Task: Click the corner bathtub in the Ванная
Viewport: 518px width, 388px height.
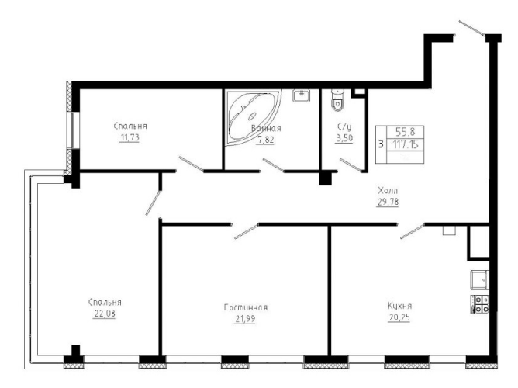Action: pos(253,116)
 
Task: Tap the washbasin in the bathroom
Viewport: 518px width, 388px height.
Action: pos(301,95)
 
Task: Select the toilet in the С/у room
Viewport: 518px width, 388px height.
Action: pos(337,100)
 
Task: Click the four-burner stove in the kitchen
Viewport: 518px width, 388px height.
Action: pos(480,304)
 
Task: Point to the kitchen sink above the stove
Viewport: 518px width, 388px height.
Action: pos(480,279)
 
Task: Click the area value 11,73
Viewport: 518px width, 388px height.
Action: pos(129,137)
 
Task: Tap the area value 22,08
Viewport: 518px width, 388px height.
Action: pos(105,314)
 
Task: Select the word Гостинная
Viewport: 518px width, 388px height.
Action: pos(246,308)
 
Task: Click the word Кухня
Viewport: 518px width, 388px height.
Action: pos(399,306)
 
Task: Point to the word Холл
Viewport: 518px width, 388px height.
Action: pos(388,191)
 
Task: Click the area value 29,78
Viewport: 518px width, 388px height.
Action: pos(388,202)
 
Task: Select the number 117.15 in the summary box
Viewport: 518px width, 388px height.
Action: pos(406,144)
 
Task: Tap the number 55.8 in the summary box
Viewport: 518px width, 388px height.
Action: pos(406,132)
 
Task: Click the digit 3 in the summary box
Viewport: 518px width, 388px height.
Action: pos(381,144)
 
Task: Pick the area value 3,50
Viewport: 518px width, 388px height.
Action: pos(344,138)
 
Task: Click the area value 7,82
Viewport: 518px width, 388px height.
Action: pos(266,140)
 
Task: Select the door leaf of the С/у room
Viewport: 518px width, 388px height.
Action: pos(351,165)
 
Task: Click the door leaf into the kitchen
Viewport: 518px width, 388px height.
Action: pos(413,231)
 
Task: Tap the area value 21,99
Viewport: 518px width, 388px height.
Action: pos(245,319)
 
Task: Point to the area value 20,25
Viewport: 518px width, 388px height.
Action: pos(399,317)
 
